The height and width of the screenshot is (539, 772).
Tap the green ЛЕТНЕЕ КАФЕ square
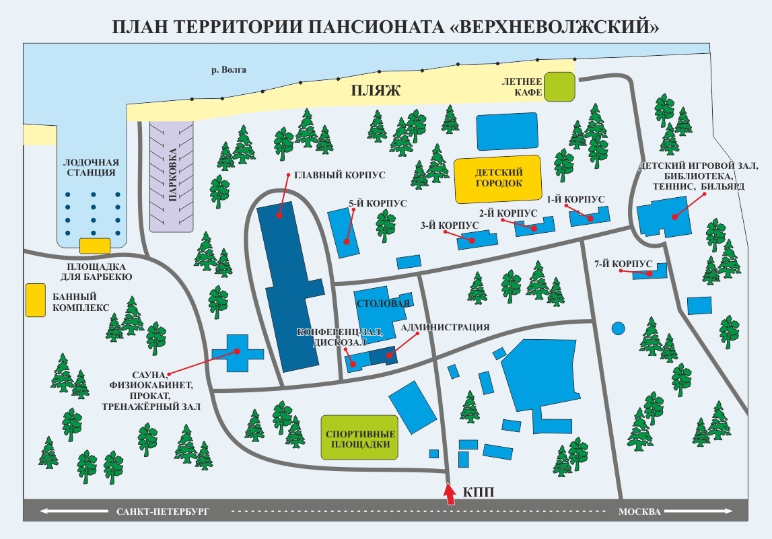pyautogui.click(x=560, y=87)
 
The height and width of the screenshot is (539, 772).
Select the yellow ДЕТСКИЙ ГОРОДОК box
pyautogui.click(x=498, y=180)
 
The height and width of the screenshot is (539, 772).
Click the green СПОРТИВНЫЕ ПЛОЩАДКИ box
pyautogui.click(x=359, y=438)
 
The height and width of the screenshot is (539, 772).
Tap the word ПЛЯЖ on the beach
pyautogui.click(x=376, y=91)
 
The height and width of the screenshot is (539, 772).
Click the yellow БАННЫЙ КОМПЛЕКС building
pyautogui.click(x=32, y=300)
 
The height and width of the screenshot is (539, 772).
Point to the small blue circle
pyautogui.click(x=617, y=329)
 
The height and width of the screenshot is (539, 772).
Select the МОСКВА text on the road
pyautogui.click(x=639, y=511)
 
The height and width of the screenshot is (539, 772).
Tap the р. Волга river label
pyautogui.click(x=229, y=69)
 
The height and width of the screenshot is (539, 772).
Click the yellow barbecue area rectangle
pyautogui.click(x=95, y=246)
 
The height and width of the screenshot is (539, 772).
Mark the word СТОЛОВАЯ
pyautogui.click(x=382, y=303)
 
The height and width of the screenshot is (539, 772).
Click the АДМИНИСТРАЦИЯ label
pyautogui.click(x=444, y=328)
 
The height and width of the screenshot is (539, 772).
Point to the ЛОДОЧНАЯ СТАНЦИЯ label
pyautogui.click(x=91, y=168)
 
